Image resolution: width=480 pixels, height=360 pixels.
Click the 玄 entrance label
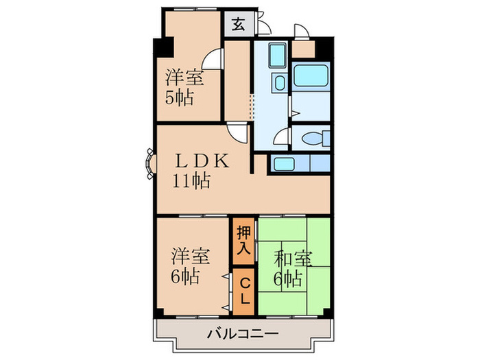[237, 25]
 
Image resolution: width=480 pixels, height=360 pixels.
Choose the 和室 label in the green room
[293, 259]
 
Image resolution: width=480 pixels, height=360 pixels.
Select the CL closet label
[243, 291]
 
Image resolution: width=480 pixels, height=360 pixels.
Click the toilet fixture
[312, 139]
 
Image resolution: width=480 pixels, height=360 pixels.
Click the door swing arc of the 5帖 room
[214, 60]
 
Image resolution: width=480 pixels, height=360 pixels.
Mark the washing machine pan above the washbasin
[278, 54]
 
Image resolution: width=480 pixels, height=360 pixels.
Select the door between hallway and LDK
[237, 132]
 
